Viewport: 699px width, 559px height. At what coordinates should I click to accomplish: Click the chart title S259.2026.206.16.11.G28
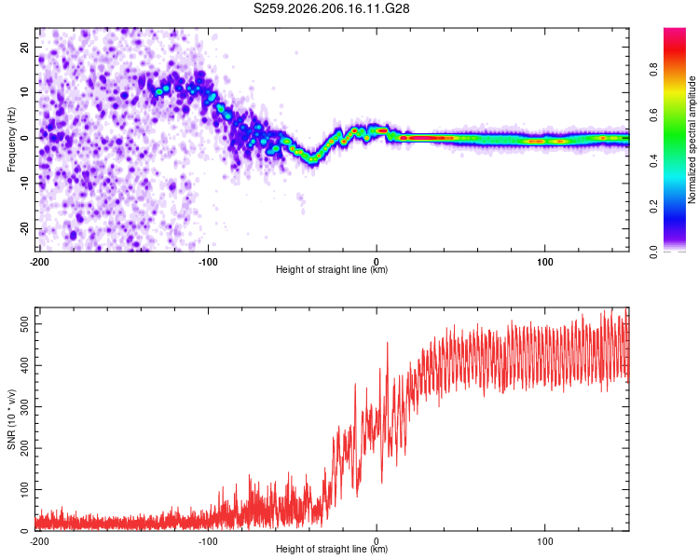pos(331,8)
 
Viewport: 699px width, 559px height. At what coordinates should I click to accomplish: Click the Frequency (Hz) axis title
pos(11,139)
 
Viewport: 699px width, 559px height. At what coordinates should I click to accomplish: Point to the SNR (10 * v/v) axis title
pos(11,419)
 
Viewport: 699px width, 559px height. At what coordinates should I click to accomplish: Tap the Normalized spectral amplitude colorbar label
pos(692,140)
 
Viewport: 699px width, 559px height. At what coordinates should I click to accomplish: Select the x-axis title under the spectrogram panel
pos(332,269)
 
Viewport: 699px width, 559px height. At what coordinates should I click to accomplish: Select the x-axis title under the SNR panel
pos(332,549)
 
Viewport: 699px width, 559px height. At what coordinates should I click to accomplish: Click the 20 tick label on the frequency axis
pos(24,47)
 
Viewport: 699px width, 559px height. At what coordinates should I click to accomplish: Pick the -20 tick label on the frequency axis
pos(24,228)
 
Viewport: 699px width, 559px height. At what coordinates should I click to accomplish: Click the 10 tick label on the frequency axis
pos(24,92)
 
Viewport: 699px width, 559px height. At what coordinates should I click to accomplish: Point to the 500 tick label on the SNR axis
pos(24,324)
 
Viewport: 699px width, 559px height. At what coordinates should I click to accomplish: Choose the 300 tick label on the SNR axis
pos(24,407)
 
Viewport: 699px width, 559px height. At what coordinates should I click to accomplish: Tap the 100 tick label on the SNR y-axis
pos(24,490)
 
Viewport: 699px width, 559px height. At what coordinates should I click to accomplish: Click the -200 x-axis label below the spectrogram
pos(39,262)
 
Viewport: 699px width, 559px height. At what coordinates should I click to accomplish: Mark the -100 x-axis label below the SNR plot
pos(208,541)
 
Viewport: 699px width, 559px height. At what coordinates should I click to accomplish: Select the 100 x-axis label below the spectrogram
pos(545,262)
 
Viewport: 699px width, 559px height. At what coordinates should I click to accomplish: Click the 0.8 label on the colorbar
pos(653,69)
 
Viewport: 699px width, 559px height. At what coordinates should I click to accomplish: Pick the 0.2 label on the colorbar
pos(653,207)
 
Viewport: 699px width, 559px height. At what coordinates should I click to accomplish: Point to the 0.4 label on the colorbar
pos(653,160)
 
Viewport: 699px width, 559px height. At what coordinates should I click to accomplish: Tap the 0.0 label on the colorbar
pos(653,252)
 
